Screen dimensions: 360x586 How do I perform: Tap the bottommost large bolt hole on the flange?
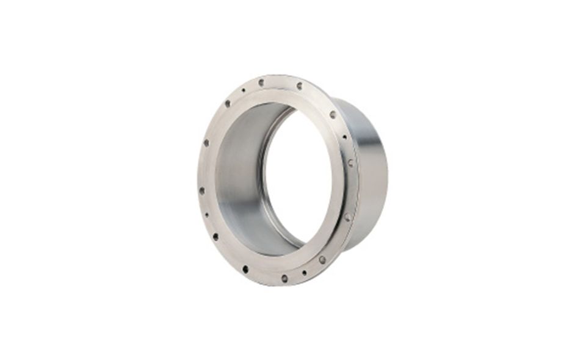tap(284, 278)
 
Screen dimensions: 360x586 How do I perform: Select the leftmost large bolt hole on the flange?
tap(202, 190)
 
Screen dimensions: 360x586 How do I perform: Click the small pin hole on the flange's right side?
tap(344, 137)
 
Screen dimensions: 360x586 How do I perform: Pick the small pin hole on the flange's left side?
tap(207, 215)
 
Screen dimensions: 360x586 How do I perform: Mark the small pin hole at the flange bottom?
tap(304, 273)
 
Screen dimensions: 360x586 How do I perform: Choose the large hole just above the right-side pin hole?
tap(333, 114)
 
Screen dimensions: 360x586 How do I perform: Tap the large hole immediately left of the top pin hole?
tap(227, 104)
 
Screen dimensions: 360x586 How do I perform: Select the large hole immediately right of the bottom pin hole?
tap(322, 259)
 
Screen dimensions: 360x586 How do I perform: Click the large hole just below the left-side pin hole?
tap(215, 237)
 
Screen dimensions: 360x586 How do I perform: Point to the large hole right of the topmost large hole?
tap(299, 86)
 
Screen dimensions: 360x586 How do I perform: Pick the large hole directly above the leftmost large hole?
tap(206, 143)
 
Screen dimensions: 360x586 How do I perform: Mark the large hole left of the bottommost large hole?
tap(245, 268)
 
